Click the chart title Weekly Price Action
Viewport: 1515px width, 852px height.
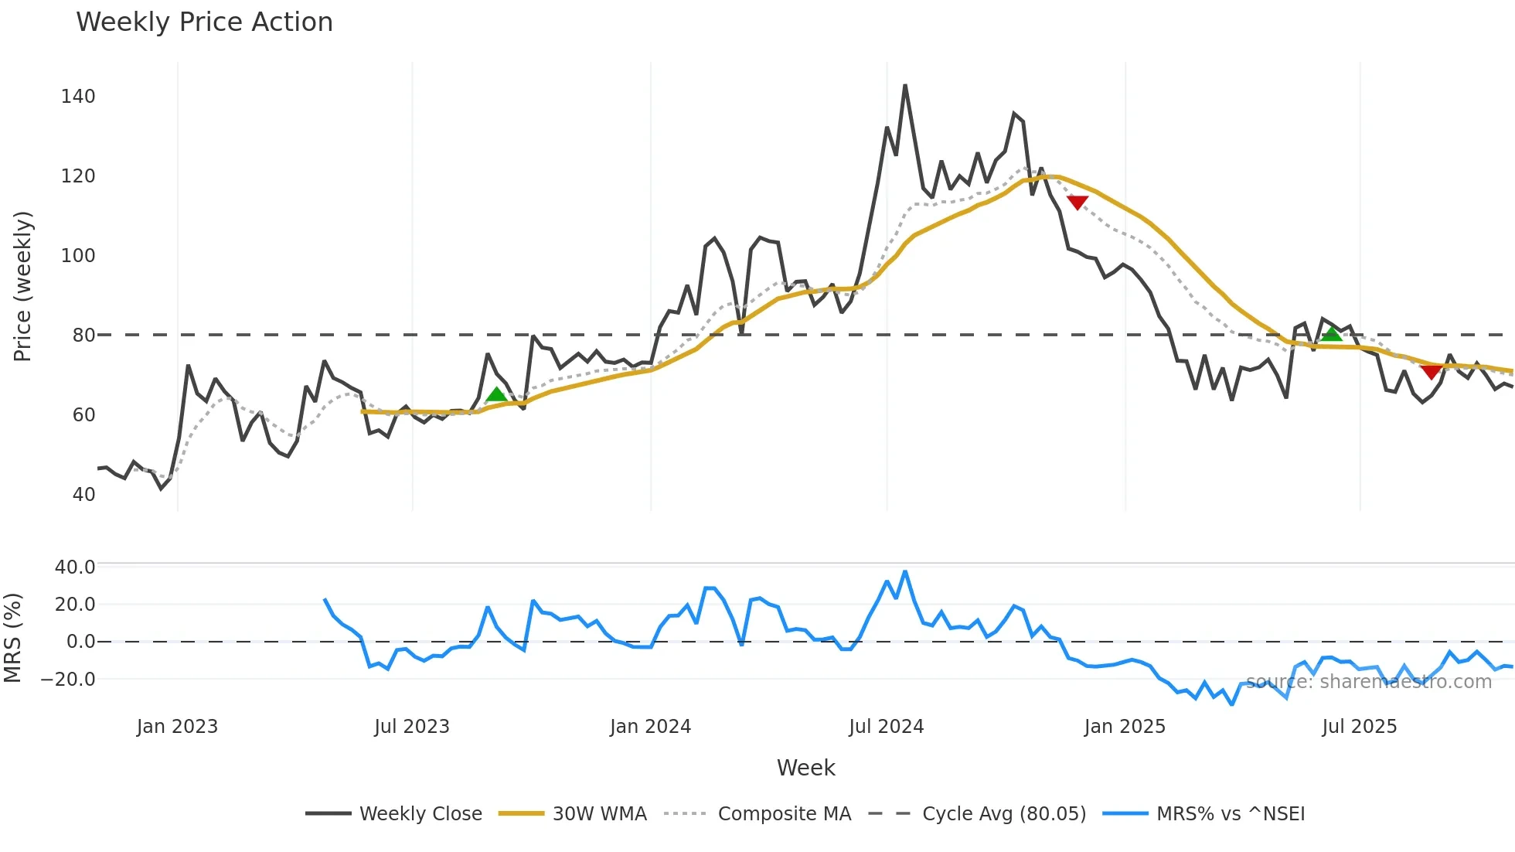pyautogui.click(x=204, y=22)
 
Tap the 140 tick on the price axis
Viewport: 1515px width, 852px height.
pyautogui.click(x=78, y=97)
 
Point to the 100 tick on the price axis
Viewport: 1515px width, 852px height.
pyautogui.click(x=78, y=256)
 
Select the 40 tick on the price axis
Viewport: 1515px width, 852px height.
pyautogui.click(x=83, y=495)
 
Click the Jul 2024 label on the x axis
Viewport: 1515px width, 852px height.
pyautogui.click(x=886, y=727)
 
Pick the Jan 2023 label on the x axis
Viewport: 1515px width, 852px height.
pyautogui.click(x=177, y=727)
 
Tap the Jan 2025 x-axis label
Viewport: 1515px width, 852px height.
pyautogui.click(x=1124, y=727)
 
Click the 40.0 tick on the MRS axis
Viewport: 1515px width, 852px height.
pyautogui.click(x=75, y=567)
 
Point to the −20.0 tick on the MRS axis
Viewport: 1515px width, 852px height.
pyautogui.click(x=68, y=680)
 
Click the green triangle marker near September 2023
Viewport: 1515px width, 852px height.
pyautogui.click(x=496, y=395)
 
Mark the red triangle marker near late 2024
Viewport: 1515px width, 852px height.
pyautogui.click(x=1077, y=203)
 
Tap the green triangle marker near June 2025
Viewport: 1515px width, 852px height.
pyautogui.click(x=1331, y=334)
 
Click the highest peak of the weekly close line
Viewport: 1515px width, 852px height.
pyautogui.click(x=904, y=86)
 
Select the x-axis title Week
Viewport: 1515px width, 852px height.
pyautogui.click(x=805, y=768)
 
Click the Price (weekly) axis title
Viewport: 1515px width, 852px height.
pyautogui.click(x=22, y=286)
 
